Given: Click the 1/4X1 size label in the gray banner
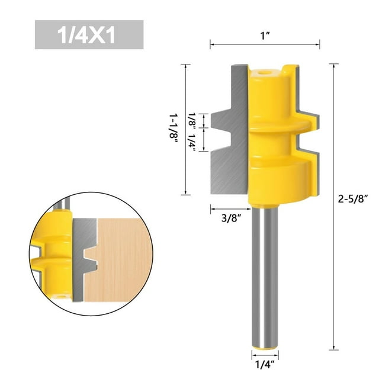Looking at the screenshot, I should coord(89,35).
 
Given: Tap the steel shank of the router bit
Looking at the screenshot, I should coord(265,272).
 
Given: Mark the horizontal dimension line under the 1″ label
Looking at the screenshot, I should coord(265,43).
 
